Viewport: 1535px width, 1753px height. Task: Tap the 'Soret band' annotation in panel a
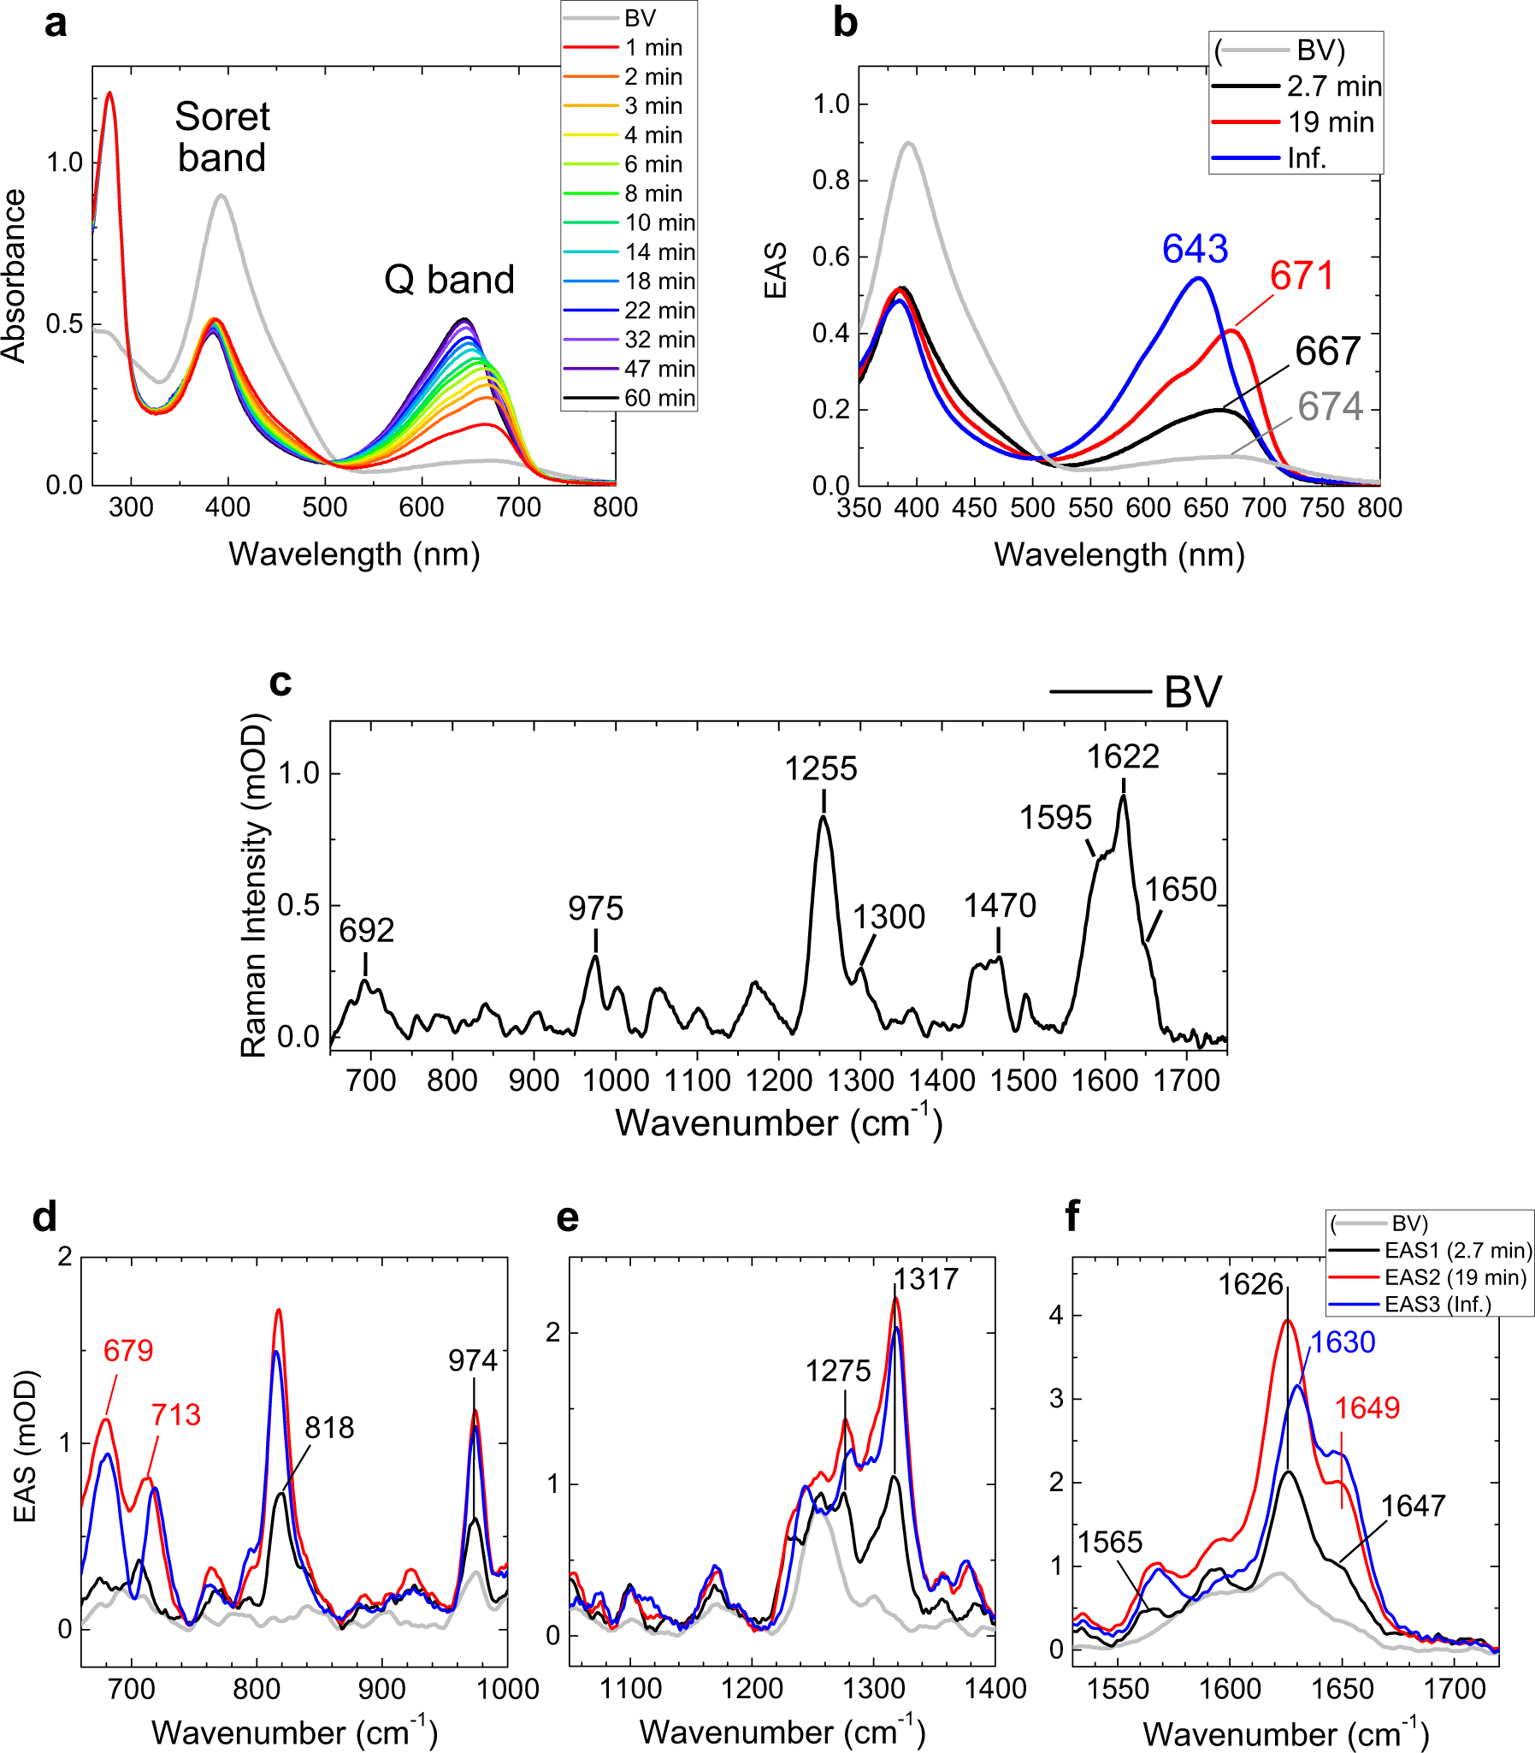221,137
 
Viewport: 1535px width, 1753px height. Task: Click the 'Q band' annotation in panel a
449,280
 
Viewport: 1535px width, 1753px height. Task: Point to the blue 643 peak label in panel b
1195,249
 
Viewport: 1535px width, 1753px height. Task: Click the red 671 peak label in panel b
1302,275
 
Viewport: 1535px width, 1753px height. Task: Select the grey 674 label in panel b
1330,406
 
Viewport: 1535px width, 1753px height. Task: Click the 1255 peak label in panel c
821,769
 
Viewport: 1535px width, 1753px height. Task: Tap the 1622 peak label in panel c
1123,757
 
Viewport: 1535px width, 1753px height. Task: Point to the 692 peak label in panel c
367,931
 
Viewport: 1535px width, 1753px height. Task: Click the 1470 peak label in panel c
1000,906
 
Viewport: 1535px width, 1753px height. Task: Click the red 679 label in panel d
128,1351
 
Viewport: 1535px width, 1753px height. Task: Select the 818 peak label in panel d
330,1428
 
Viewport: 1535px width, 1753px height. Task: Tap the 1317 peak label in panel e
925,1279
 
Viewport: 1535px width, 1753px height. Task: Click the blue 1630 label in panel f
1343,1342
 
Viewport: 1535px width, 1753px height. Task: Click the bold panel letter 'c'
281,682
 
